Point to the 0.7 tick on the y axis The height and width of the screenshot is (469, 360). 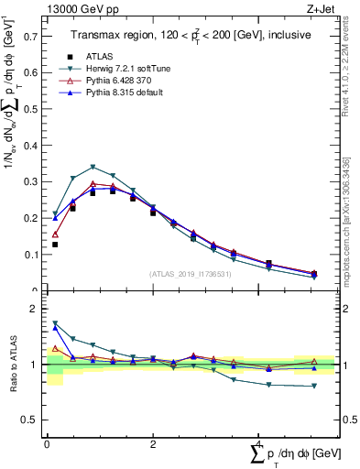pyautogui.click(x=28, y=37)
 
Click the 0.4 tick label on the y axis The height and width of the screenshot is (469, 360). pyautogui.click(x=28, y=146)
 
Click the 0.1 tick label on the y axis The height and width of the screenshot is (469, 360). pyautogui.click(x=28, y=255)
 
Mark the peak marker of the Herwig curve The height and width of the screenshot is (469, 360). pyautogui.click(x=93, y=167)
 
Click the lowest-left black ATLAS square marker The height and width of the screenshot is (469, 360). pyautogui.click(x=55, y=245)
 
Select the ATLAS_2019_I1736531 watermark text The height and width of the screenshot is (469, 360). pyautogui.click(x=191, y=273)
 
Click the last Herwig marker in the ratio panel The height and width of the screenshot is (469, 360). pyautogui.click(x=314, y=386)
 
